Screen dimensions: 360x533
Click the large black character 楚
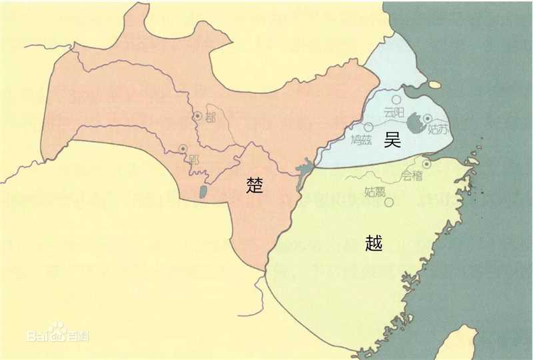tap(257, 185)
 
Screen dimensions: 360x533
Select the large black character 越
tap(374, 242)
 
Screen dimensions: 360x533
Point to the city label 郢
tap(194, 160)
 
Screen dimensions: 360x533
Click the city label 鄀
tap(212, 118)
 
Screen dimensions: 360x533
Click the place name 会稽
tap(412, 177)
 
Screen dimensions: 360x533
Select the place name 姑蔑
tap(375, 191)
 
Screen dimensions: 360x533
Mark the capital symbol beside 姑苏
tap(428, 119)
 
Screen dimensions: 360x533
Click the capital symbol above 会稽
tap(426, 162)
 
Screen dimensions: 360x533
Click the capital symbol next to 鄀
tap(197, 116)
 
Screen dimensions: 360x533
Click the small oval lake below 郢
tap(203, 193)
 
